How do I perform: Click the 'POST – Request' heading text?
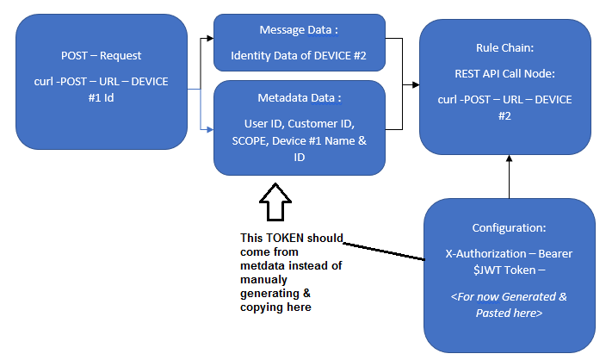[x=101, y=56]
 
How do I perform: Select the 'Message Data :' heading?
[x=299, y=29]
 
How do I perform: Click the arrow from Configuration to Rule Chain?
[x=509, y=177]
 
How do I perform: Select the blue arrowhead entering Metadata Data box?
[x=208, y=130]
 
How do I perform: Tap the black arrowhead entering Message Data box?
[x=208, y=39]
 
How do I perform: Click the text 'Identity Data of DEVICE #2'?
[x=299, y=55]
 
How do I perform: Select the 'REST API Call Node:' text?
[x=504, y=73]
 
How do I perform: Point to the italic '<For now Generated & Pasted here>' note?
[x=509, y=305]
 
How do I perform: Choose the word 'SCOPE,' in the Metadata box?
[x=242, y=142]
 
